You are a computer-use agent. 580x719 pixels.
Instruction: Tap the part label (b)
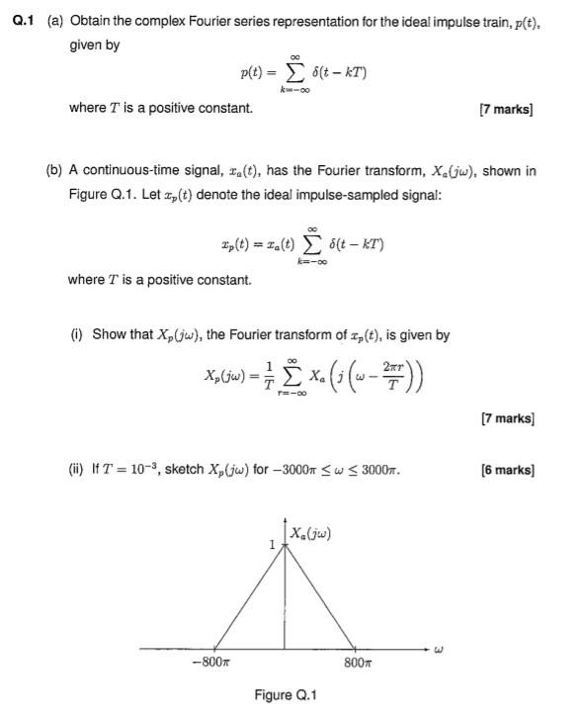pyautogui.click(x=55, y=171)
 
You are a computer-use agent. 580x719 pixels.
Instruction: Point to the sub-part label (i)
pyautogui.click(x=77, y=334)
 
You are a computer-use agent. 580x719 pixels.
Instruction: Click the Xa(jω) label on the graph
pyautogui.click(x=310, y=535)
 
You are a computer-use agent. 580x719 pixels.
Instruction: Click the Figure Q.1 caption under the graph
pyautogui.click(x=286, y=695)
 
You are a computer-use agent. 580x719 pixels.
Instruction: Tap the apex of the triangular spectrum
pyautogui.click(x=286, y=548)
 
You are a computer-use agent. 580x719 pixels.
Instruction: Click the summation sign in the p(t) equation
pyautogui.click(x=292, y=71)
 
